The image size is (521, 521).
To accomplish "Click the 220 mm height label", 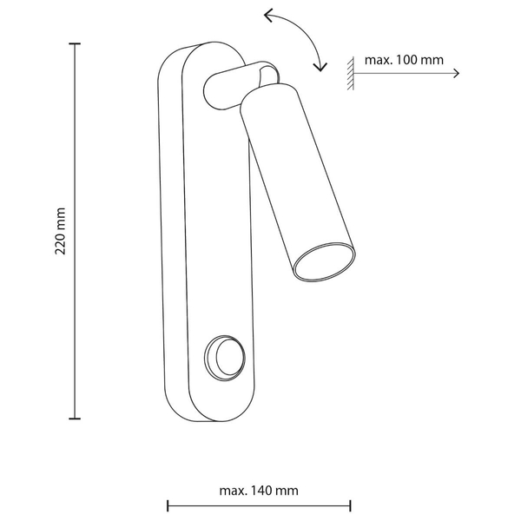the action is pos(60,231).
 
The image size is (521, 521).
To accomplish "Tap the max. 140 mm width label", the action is pos(259,491).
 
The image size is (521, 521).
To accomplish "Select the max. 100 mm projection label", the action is pos(404,60).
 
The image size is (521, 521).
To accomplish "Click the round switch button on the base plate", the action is pos(225,358).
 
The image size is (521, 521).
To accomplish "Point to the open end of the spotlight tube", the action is pos(324,262).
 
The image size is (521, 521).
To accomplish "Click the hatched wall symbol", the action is pos(351,74).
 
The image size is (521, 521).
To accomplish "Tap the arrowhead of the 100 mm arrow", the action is pos(457,74).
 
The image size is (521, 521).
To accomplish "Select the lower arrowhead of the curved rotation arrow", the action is pos(320,67).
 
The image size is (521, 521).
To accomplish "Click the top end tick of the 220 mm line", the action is pos(75,43).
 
